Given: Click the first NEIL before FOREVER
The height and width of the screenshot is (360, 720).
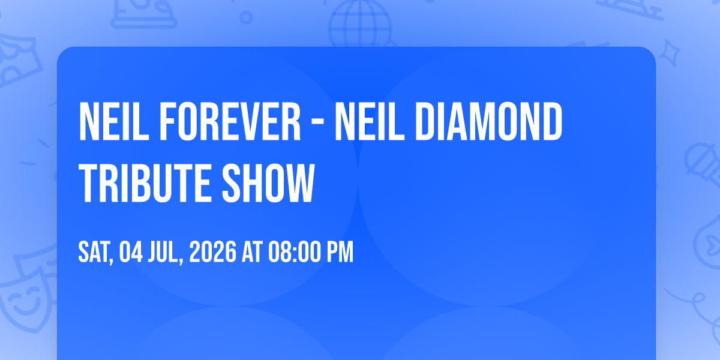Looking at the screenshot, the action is point(114,121).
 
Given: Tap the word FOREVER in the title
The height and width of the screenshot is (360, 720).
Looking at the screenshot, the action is point(230,121).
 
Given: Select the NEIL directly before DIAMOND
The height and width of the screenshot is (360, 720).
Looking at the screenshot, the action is point(370,121).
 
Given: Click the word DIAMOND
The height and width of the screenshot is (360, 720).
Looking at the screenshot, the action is point(489,121).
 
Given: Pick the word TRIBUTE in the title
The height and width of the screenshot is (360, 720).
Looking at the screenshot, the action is point(145,183).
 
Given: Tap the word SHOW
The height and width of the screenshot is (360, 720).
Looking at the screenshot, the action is point(268,183).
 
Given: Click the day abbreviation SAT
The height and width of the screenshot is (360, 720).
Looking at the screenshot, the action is point(95,253).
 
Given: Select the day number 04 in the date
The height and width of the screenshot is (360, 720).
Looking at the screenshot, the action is point(131,252).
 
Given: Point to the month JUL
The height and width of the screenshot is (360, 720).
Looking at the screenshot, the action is point(163,253).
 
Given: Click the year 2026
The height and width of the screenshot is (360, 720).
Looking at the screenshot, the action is point(213,252).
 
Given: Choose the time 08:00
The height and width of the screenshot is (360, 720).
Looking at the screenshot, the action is point(295,252).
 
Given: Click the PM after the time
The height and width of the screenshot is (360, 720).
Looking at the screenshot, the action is point(340,252).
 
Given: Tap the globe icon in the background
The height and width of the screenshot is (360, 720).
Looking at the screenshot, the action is point(360,23).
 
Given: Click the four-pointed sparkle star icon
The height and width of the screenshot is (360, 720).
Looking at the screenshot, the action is point(670,53).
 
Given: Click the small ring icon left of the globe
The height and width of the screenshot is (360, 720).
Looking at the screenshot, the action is point(246,17).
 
